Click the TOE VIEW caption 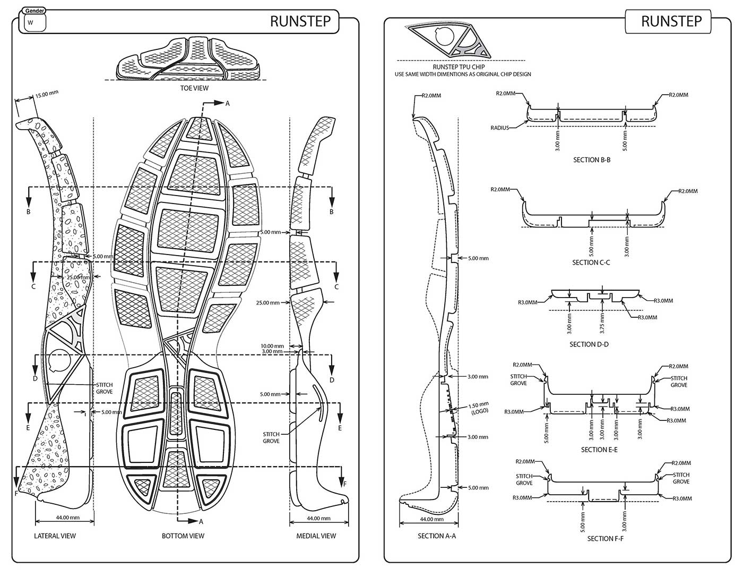click(x=194, y=88)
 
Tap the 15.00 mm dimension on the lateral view click(x=47, y=94)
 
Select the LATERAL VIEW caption click(x=55, y=536)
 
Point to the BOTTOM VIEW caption click(x=183, y=536)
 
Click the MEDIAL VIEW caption click(x=316, y=536)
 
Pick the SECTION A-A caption click(x=437, y=536)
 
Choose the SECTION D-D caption click(x=589, y=344)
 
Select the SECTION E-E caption click(x=599, y=450)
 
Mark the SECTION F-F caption click(x=605, y=538)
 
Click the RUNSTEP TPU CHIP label click(x=459, y=67)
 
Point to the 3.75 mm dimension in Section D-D click(x=602, y=324)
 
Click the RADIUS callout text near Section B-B click(x=499, y=128)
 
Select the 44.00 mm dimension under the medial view click(x=318, y=518)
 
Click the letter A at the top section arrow click(x=227, y=104)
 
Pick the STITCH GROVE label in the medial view click(x=271, y=437)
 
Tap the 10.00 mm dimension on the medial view click(x=272, y=346)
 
